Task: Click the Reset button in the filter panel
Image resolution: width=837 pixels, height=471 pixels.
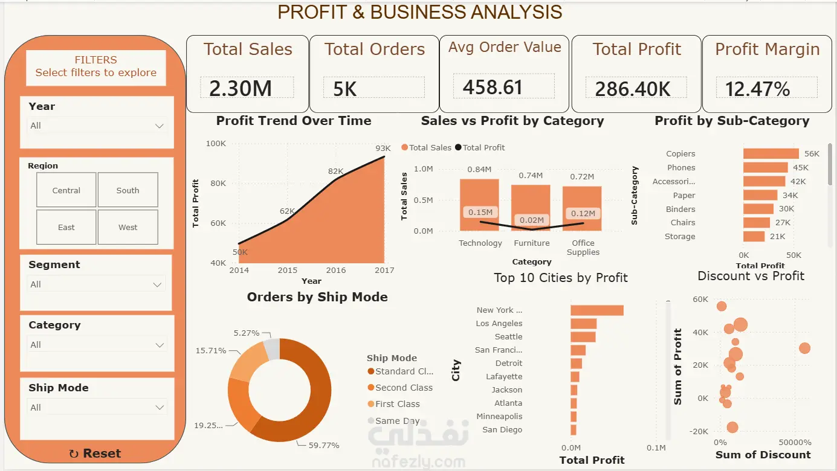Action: [95, 453]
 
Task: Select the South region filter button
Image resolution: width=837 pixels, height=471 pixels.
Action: [128, 190]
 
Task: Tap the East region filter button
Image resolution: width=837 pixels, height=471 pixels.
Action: [66, 227]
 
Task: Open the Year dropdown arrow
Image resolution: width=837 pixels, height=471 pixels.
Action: [159, 126]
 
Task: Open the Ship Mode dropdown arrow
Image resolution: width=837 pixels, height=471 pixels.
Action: [160, 407]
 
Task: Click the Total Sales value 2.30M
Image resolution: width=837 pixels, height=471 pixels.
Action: [241, 88]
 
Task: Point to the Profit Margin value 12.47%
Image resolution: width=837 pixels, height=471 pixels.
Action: [757, 89]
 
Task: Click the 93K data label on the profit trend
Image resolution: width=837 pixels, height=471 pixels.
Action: [383, 148]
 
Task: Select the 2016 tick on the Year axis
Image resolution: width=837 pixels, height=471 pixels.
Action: [335, 270]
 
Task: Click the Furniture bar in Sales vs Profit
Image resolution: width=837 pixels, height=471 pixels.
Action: [531, 208]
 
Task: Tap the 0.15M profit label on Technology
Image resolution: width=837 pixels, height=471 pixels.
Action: [480, 212]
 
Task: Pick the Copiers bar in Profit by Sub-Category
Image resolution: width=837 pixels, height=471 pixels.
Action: [771, 153]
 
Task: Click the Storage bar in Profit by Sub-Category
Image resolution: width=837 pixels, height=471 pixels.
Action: [754, 236]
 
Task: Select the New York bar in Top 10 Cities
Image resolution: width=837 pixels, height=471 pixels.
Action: [596, 310]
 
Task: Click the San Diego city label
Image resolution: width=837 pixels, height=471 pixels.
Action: [502, 429]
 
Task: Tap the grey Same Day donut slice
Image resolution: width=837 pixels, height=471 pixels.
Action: [272, 348]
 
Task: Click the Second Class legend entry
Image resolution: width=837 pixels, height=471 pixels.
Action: [400, 388]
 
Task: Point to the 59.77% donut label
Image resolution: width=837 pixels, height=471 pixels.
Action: [323, 445]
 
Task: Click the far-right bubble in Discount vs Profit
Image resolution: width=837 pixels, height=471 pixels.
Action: [804, 348]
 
